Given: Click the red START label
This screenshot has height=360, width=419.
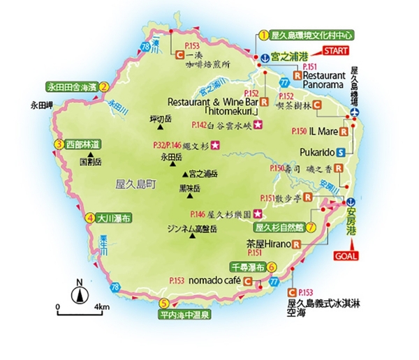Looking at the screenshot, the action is (336, 51).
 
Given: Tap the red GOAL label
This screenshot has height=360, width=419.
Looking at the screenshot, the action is (351, 257).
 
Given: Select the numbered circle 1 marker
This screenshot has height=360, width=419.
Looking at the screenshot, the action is (263, 34).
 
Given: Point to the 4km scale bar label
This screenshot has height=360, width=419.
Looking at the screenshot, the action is (103, 307).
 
